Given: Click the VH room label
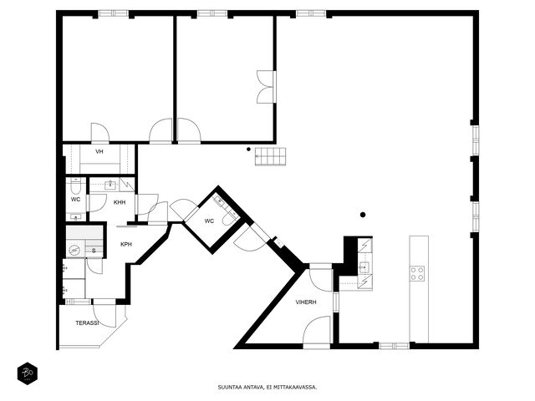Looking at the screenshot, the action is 99,152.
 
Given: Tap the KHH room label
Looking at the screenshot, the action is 120,202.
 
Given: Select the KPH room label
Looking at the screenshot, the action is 126,245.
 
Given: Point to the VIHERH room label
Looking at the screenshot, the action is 306,302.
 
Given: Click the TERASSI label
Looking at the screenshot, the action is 87,322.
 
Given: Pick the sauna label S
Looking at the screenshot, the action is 94,251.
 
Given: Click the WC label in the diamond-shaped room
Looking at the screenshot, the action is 209,221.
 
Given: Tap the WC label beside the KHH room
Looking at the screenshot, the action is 76,200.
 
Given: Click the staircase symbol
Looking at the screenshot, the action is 270,156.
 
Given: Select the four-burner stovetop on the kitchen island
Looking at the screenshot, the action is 417,273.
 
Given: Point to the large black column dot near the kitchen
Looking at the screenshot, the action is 363,215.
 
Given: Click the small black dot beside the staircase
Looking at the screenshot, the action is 249,149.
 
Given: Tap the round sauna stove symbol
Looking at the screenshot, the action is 74,251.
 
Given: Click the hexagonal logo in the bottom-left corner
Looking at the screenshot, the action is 28,373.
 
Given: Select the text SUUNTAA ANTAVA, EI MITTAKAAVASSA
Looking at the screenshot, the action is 267,388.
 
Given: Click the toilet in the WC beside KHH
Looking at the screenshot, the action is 75,186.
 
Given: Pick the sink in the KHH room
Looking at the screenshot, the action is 110,185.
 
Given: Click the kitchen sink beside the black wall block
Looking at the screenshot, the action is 364,267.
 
